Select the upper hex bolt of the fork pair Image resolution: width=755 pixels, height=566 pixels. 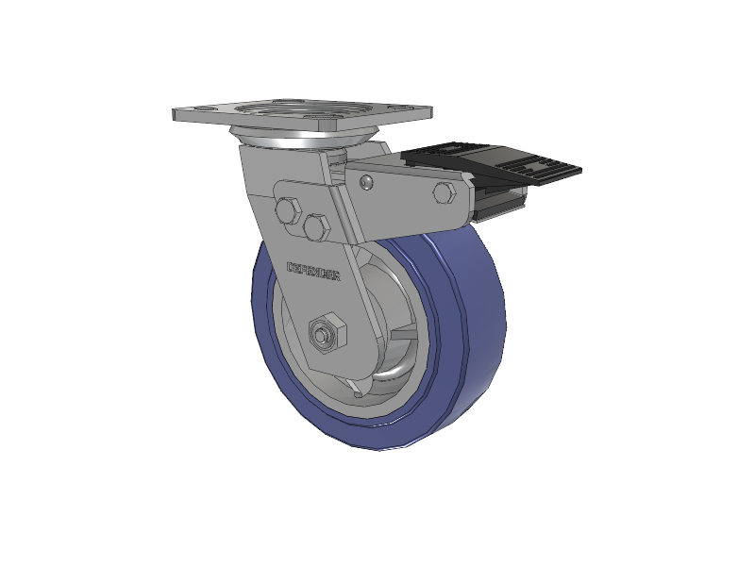(x=288, y=209)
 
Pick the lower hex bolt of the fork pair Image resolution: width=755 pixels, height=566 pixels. (x=316, y=226)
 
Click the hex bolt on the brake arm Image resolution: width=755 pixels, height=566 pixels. (x=444, y=193)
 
